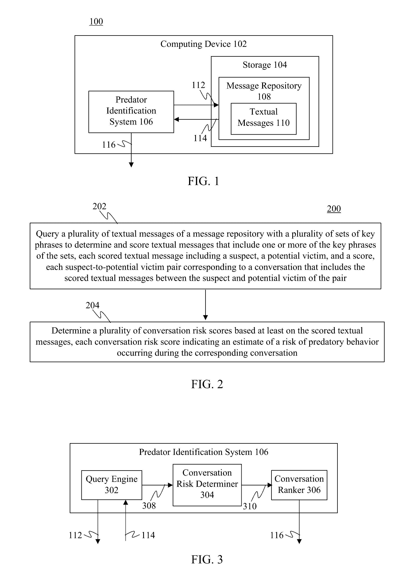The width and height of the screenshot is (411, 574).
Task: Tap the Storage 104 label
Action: (x=265, y=65)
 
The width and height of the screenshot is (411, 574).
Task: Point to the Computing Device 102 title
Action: (x=203, y=44)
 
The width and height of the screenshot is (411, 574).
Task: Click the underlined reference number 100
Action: (x=96, y=21)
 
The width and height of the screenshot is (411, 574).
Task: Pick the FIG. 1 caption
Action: (x=203, y=181)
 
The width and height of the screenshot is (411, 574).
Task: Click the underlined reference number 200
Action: (x=334, y=209)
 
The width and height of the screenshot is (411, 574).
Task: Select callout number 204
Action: (x=92, y=305)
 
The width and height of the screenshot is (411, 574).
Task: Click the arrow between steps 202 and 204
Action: (x=206, y=305)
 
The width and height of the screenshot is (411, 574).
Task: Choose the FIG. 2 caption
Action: (x=207, y=384)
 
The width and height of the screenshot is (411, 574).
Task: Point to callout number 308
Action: (x=149, y=506)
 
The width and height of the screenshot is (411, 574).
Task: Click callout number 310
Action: (x=250, y=506)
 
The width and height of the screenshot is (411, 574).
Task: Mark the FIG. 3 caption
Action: (x=207, y=559)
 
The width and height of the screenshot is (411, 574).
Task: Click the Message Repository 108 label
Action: (x=264, y=91)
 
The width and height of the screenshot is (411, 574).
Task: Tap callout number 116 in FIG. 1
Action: (x=109, y=145)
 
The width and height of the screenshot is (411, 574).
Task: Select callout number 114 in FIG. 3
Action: (x=148, y=535)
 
